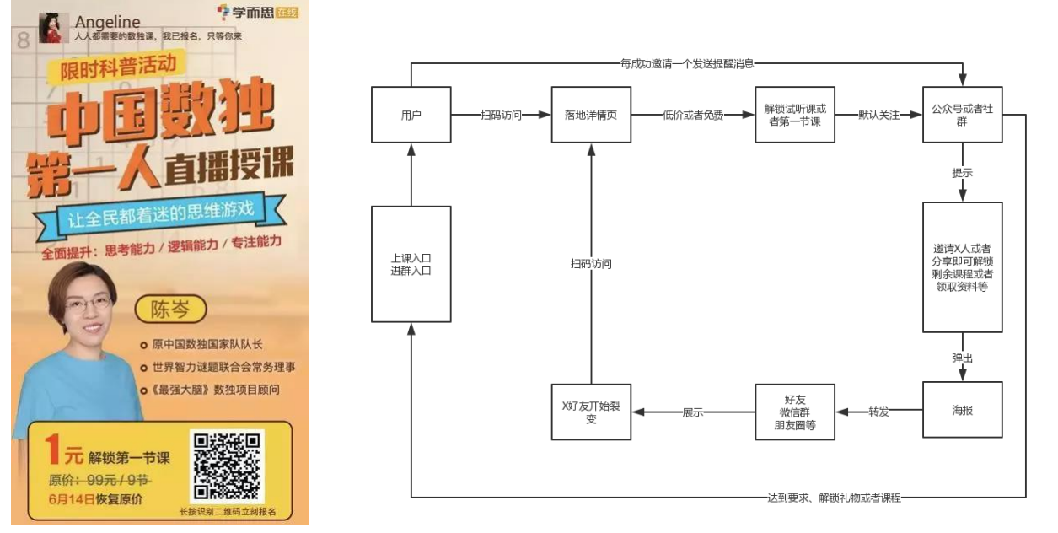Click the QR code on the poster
pyautogui.click(x=227, y=466)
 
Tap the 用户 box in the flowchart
pyautogui.click(x=411, y=115)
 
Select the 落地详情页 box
pyautogui.click(x=591, y=115)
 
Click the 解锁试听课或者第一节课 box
pyautogui.click(x=793, y=115)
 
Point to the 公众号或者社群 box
pyautogui.click(x=962, y=115)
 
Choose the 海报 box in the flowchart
pyautogui.click(x=962, y=411)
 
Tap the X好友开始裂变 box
pyautogui.click(x=591, y=412)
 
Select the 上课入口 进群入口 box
pyautogui.click(x=411, y=264)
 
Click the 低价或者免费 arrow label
pyautogui.click(x=693, y=115)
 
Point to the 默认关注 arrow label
pyautogui.click(x=878, y=115)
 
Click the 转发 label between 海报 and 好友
pyautogui.click(x=878, y=412)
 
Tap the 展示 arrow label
pyautogui.click(x=693, y=412)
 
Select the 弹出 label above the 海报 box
pyautogui.click(x=962, y=358)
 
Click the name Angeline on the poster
pyautogui.click(x=107, y=21)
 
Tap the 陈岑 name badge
pyautogui.click(x=170, y=310)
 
